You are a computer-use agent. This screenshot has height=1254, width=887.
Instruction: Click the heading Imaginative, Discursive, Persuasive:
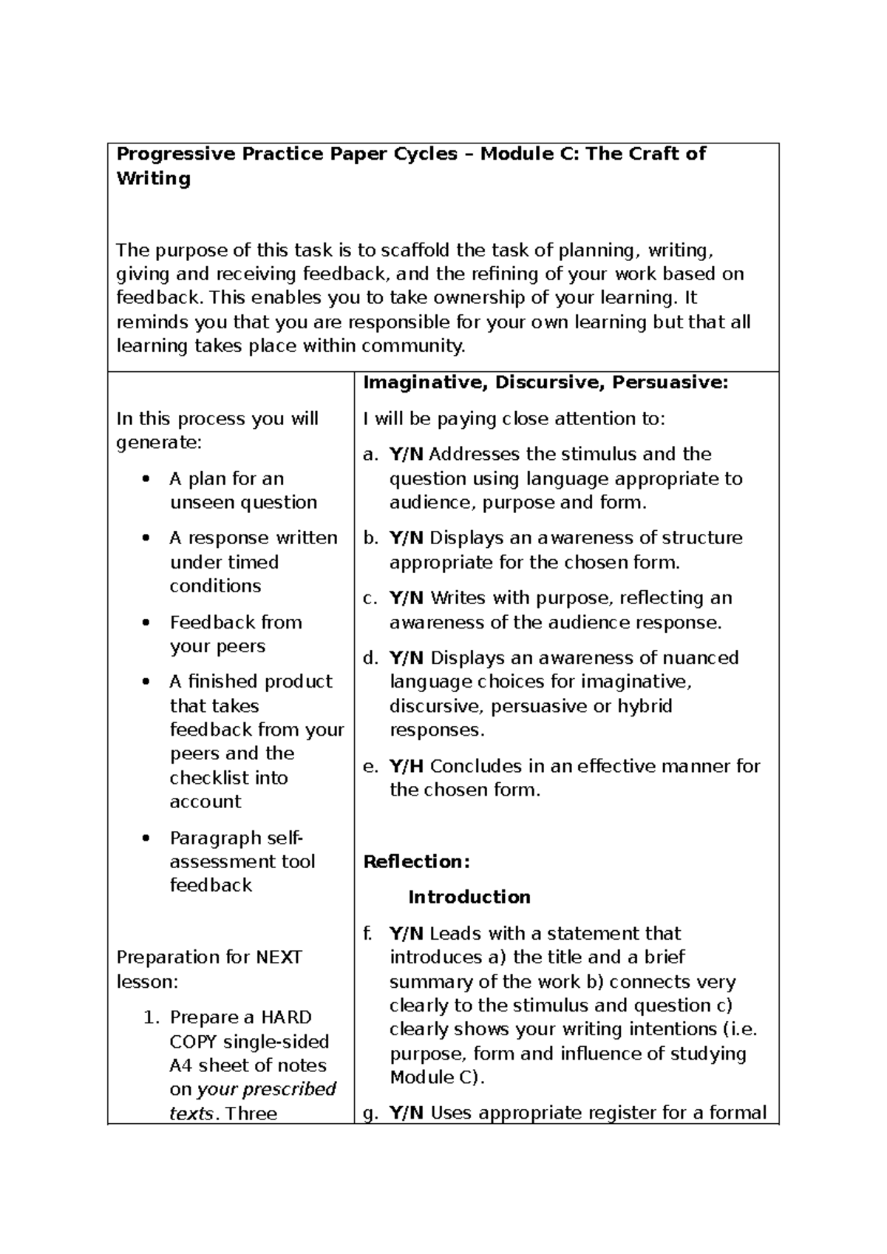(546, 382)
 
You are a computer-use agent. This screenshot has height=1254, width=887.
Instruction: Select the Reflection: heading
(417, 861)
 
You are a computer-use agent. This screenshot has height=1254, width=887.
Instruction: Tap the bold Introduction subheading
(469, 897)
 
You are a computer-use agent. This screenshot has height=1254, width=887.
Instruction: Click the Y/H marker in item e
(407, 766)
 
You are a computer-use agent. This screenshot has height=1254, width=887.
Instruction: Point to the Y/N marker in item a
(407, 454)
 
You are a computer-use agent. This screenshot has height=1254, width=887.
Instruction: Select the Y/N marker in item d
(407, 657)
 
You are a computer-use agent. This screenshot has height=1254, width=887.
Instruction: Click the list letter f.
(367, 933)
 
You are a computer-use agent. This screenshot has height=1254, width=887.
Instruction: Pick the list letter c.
(370, 597)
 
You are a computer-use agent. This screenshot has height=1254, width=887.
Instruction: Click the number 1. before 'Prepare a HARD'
(151, 1017)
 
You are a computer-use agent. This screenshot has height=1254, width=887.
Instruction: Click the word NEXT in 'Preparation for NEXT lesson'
(279, 957)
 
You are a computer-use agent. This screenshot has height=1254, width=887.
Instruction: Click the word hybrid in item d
(645, 706)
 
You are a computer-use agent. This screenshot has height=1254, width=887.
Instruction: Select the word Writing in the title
(154, 178)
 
